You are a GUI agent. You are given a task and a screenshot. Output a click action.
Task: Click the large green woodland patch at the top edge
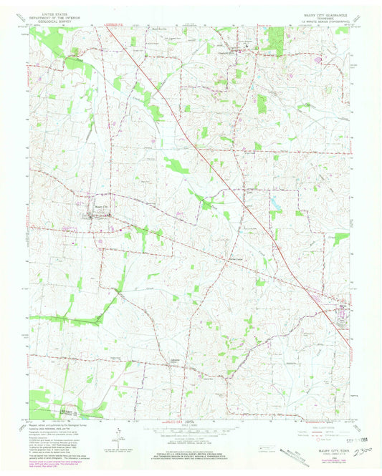pos(272,40)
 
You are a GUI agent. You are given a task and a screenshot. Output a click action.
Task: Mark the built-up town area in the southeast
pos(340,306)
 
